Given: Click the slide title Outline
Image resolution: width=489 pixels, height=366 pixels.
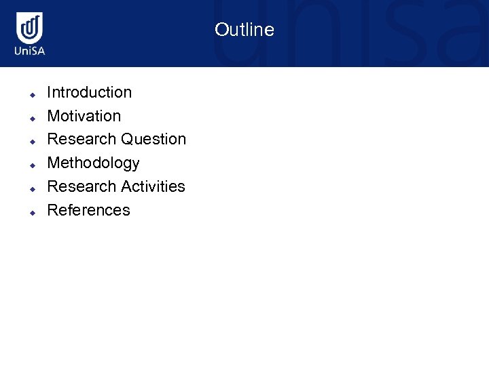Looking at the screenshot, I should (x=244, y=30).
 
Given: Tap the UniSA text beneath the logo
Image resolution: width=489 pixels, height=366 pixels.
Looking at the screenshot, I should (x=30, y=51).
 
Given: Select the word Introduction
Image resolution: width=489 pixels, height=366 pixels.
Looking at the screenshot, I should (x=89, y=92).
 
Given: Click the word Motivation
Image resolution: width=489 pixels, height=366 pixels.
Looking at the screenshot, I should (x=84, y=116).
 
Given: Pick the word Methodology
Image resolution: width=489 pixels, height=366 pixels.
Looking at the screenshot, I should (x=93, y=163).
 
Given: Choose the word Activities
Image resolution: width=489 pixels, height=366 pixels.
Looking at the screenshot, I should (x=153, y=186).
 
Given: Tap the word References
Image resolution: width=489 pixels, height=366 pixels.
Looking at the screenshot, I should (x=88, y=210).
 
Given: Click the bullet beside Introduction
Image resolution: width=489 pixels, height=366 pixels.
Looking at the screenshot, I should (x=31, y=94).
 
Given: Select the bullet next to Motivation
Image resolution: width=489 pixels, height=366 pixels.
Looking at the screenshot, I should (x=31, y=118).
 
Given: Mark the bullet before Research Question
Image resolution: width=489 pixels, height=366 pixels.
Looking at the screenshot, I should (x=31, y=142).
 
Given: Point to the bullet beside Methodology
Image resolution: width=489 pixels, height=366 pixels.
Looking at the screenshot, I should (x=31, y=165).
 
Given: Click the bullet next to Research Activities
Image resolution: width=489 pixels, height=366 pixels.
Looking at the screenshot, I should (x=31, y=188).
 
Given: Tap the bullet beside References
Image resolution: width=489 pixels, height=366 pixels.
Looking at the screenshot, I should (x=31, y=212).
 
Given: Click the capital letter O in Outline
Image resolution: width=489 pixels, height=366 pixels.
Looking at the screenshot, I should (x=221, y=30).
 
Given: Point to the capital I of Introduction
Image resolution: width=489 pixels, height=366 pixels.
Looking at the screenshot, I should (x=49, y=92).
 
